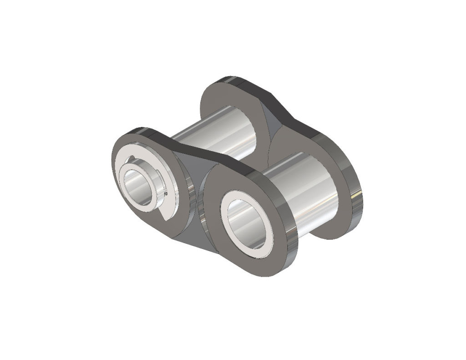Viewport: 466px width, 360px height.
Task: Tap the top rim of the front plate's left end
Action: pos(137,132)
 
